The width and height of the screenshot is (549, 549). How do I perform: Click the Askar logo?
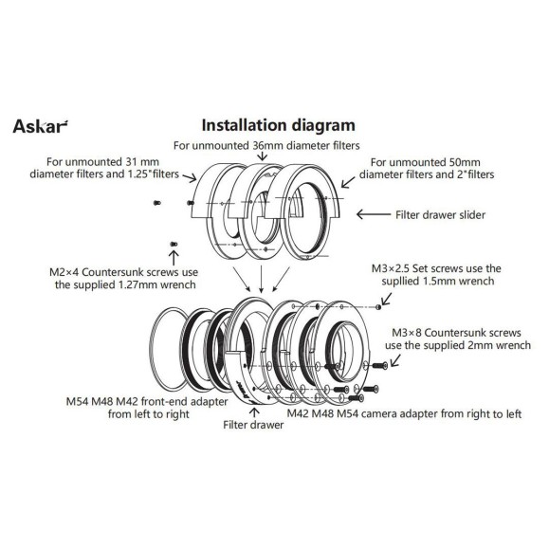click(41, 125)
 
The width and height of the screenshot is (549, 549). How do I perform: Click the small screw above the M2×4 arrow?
click(173, 245)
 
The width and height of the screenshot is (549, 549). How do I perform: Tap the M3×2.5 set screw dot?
click(380, 305)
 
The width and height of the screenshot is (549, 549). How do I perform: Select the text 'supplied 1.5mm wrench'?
click(435, 283)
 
